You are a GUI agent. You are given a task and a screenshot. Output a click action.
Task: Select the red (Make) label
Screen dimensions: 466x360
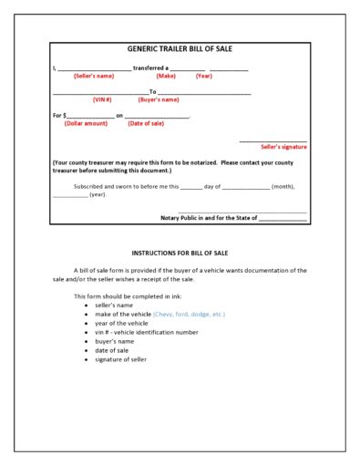pos(166,76)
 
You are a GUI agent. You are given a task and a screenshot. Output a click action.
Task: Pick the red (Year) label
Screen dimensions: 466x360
pos(204,76)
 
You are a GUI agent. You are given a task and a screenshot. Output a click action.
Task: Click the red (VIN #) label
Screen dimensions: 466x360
pos(102,98)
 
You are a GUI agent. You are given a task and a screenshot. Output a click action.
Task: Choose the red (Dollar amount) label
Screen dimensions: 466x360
pos(86,122)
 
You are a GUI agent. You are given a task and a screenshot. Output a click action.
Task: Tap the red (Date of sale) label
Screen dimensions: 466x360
pos(146,122)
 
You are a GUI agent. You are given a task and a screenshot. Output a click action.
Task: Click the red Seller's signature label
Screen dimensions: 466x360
pos(283,146)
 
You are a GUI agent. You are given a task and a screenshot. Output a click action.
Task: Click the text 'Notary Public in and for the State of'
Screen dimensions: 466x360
pos(209,218)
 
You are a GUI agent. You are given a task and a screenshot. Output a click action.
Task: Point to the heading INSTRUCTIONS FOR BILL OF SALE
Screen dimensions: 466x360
pos(180,252)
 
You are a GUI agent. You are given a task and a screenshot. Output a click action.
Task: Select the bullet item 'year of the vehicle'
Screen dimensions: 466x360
pos(121,323)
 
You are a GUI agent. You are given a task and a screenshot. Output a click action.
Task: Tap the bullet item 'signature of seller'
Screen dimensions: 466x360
pos(120,359)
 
